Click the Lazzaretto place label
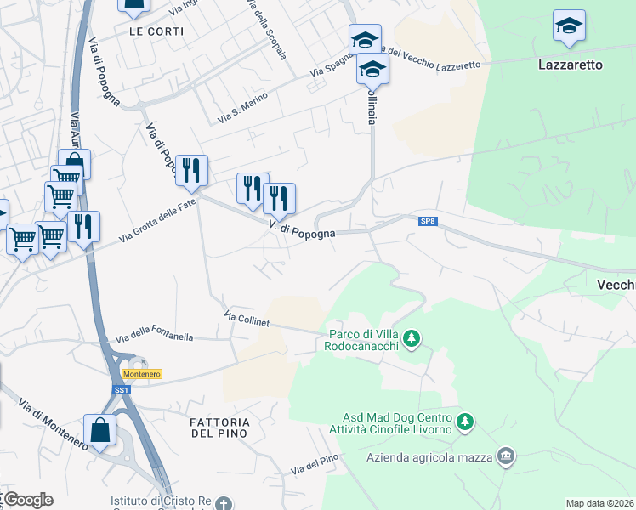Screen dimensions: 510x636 [x=571, y=65]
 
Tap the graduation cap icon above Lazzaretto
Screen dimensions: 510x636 [x=569, y=26]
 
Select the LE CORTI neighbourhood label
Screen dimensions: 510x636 [x=152, y=31]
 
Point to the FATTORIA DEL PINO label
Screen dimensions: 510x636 [x=219, y=428]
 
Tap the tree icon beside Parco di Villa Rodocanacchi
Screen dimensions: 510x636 [x=412, y=340]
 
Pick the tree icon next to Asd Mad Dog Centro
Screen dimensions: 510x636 [x=464, y=422]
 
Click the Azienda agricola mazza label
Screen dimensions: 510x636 [x=430, y=458]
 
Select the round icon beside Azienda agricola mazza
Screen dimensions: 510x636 [x=507, y=457]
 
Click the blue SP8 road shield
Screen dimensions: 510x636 [x=428, y=222]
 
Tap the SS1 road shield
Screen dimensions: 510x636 [x=121, y=390]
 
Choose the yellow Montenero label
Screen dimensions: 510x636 [x=141, y=374]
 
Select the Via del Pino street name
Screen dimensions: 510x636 [x=315, y=466]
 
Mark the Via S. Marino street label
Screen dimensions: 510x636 [x=242, y=106]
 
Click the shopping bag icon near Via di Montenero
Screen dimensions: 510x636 [x=99, y=429]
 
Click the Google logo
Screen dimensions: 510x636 [x=27, y=500]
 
